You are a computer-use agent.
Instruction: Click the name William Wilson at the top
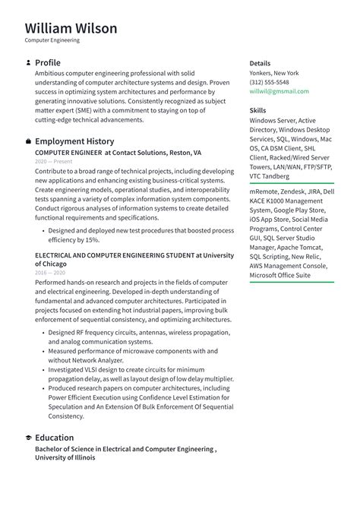point(71,29)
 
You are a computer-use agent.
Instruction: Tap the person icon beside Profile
point(28,62)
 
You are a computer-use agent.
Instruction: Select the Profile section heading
point(48,62)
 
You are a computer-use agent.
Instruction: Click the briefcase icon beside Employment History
point(28,141)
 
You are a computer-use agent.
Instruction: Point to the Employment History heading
point(74,141)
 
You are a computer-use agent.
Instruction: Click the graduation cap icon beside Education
point(28,438)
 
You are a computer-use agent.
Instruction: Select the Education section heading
point(55,438)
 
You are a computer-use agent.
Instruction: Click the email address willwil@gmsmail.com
point(279,91)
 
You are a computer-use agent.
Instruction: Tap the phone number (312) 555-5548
point(269,82)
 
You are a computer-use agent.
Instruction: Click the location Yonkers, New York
point(274,73)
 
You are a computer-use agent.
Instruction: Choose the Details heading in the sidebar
point(260,63)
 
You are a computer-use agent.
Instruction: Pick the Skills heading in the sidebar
point(257,110)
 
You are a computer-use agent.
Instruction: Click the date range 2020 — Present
point(53,162)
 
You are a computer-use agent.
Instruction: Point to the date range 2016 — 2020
point(50,272)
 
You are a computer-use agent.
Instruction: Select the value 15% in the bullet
point(92,239)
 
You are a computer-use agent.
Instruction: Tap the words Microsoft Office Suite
point(279,275)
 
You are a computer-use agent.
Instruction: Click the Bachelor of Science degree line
point(125,449)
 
